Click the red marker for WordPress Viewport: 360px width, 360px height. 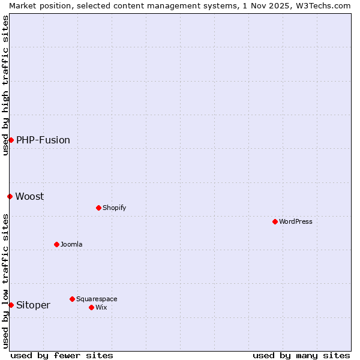click(275, 221)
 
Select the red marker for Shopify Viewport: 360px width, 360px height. click(98, 208)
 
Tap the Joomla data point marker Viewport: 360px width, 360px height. click(56, 244)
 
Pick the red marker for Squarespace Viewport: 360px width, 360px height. click(72, 299)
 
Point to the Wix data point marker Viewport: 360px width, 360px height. click(91, 307)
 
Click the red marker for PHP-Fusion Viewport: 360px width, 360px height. click(11, 140)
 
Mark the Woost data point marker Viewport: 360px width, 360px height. click(10, 196)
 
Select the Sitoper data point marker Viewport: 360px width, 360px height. click(11, 305)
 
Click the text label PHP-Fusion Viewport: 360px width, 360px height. click(43, 140)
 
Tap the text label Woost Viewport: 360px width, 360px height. click(29, 196)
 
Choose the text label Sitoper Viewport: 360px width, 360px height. click(33, 305)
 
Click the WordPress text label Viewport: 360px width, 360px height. click(296, 221)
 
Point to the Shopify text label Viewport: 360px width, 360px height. click(114, 208)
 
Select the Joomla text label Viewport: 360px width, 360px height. click(71, 244)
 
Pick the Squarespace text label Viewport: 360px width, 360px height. click(97, 299)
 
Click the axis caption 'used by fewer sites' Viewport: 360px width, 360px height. click(62, 355)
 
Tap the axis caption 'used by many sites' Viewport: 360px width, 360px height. click(301, 355)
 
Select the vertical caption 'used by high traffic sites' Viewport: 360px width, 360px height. click(5, 85)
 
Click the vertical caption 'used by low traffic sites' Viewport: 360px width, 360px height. click(5, 281)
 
